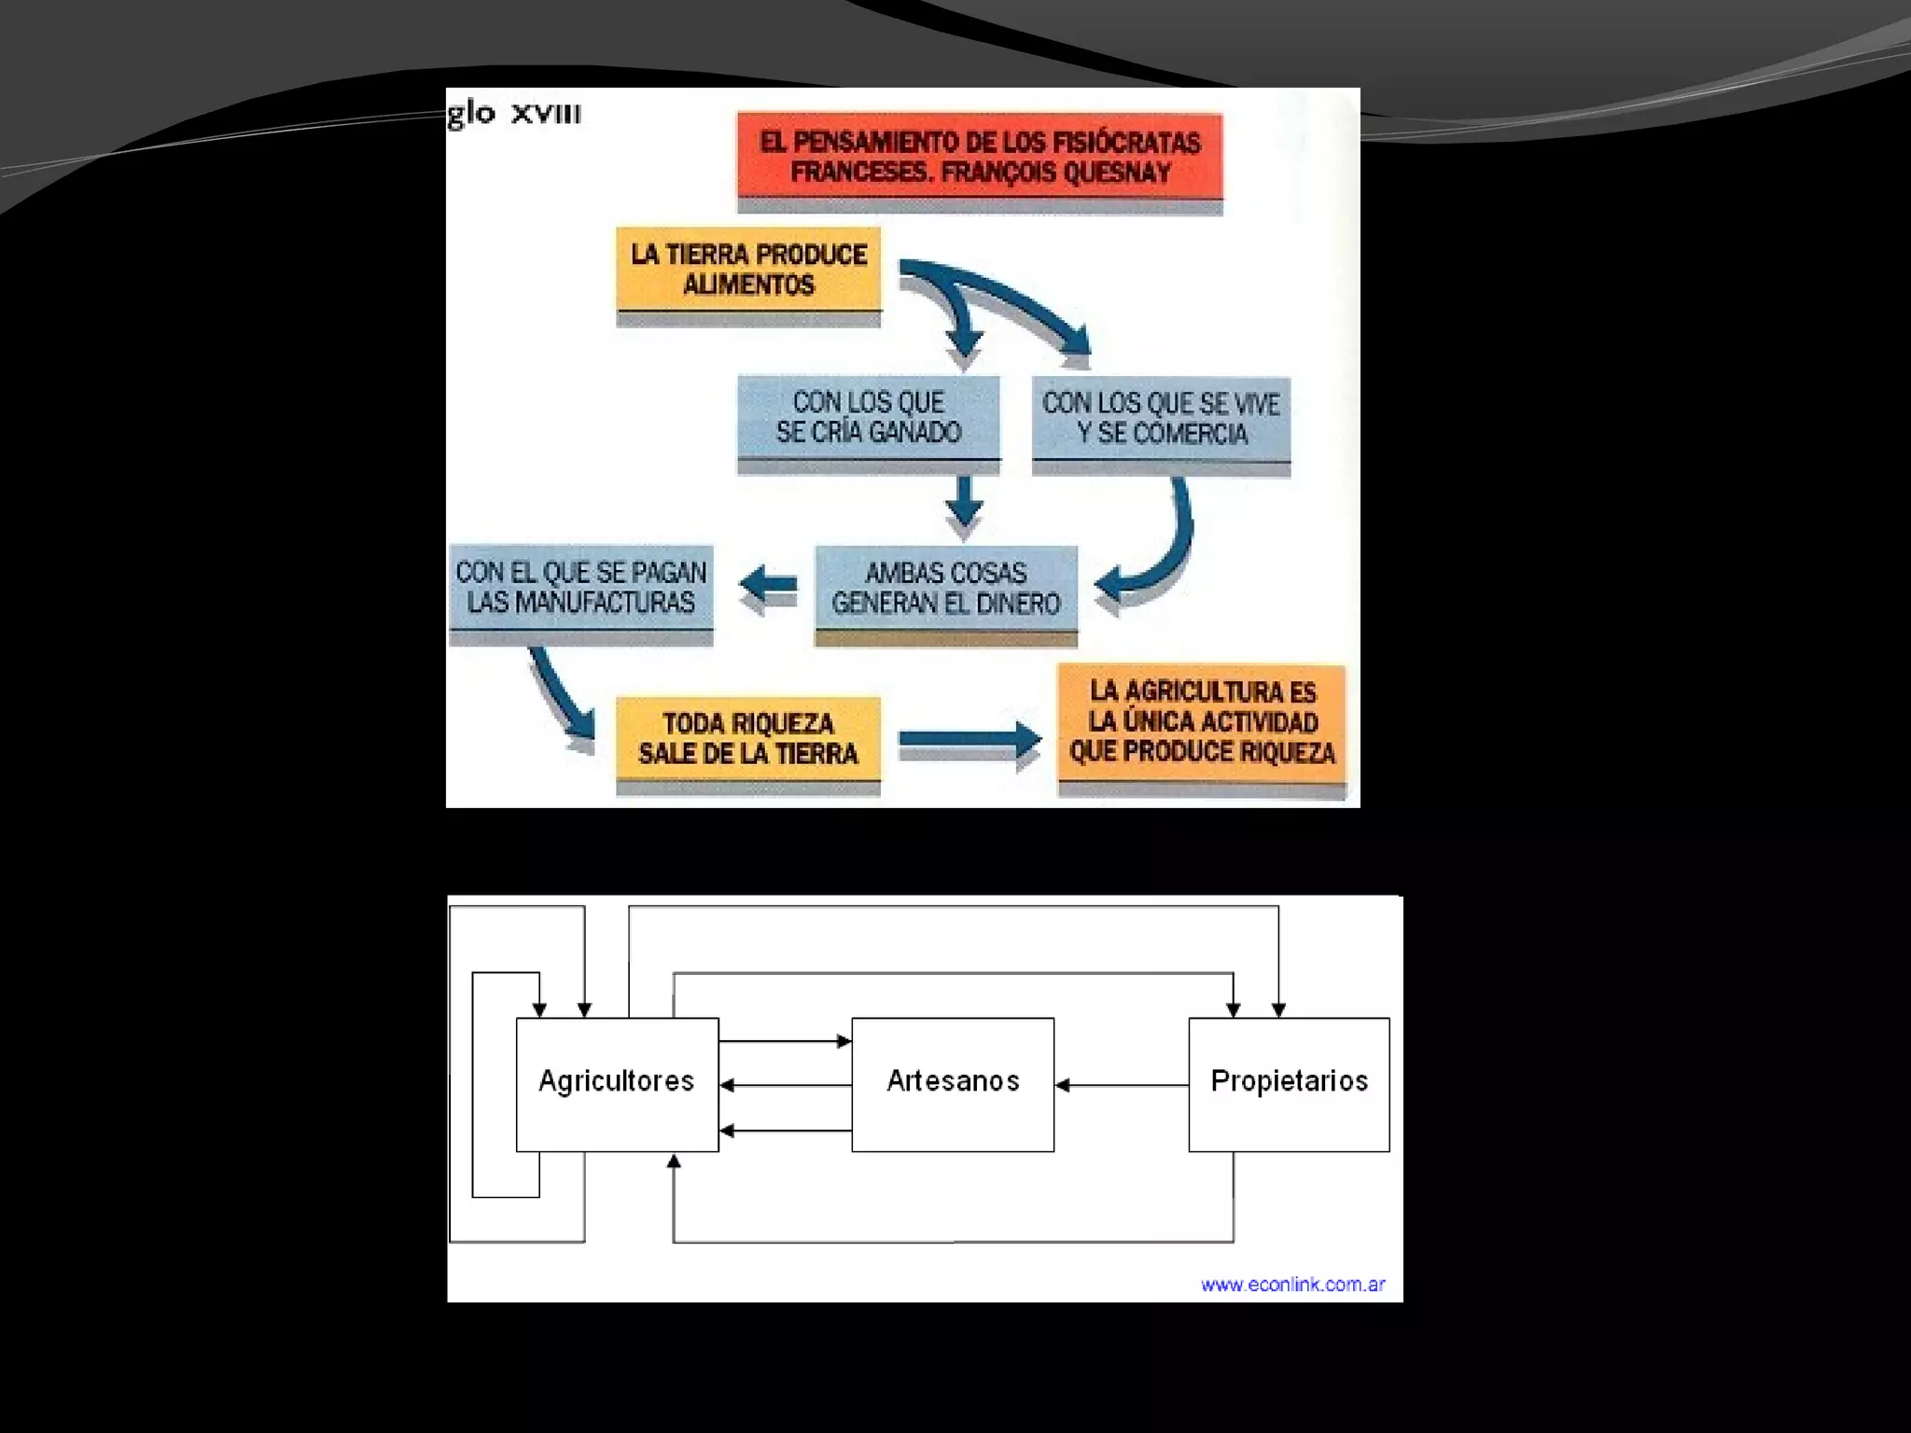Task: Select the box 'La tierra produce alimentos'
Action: click(748, 270)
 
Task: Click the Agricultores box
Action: click(617, 1083)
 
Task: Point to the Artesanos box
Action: click(953, 1083)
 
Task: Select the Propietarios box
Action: click(1289, 1083)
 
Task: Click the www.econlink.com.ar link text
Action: click(1292, 1285)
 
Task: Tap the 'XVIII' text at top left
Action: click(546, 115)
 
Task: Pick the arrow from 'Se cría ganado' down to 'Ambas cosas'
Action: click(964, 504)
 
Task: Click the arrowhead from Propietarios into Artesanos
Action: click(1063, 1085)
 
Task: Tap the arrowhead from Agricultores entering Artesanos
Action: click(844, 1041)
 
